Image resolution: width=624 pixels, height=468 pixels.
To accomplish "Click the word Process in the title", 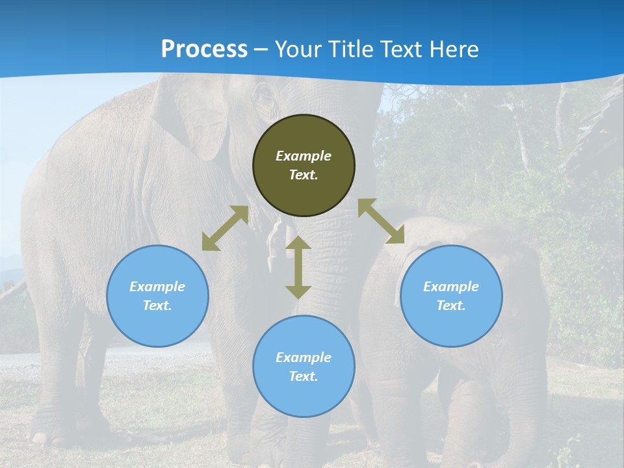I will pos(204,49).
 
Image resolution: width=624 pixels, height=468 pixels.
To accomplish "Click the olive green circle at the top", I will pos(304,195).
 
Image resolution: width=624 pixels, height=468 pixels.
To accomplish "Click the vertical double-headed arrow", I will pos(298,267).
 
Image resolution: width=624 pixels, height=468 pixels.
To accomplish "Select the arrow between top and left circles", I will pos(225,228).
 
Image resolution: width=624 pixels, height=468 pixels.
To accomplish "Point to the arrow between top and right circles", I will pos(381,221).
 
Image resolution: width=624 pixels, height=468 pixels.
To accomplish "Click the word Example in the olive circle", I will pos(304,156).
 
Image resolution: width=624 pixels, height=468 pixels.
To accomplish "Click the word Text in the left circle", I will pos(157,305).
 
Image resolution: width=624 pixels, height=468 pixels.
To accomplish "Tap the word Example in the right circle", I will pos(451,287).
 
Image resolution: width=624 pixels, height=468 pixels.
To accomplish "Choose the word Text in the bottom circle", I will pos(304,376).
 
